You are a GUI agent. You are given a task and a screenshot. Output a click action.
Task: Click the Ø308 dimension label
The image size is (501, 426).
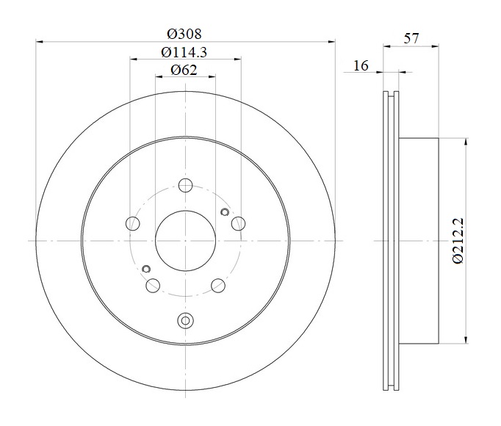coord(184,34)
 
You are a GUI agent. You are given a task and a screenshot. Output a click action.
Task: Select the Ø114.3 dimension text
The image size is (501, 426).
coord(184,52)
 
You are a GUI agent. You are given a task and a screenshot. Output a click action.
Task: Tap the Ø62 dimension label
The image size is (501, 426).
coord(184,70)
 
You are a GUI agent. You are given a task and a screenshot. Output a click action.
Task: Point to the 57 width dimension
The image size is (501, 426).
coord(411,38)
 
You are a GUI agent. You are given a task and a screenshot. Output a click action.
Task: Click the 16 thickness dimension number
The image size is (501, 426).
coord(361,65)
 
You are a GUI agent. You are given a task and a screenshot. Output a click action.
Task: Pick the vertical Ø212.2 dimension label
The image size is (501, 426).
coord(458,241)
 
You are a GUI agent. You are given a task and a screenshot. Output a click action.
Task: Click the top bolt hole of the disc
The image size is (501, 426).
coord(185,185)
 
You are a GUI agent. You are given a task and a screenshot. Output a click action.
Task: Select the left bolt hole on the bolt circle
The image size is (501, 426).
coord(133,223)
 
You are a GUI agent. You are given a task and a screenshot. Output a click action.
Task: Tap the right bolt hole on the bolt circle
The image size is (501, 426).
coord(238,223)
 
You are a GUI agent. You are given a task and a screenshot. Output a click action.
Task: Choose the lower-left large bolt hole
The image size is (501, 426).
coord(153,286)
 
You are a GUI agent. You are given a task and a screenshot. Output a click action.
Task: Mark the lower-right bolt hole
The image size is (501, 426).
coord(218,286)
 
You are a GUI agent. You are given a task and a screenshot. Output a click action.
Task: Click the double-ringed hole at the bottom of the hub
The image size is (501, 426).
coord(185,320)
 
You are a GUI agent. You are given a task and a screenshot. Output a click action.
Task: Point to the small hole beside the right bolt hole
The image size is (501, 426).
coord(225,212)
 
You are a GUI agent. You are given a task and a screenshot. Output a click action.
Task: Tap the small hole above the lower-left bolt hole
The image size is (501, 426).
coord(146,269)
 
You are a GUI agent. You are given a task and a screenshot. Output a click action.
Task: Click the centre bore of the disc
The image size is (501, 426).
coord(185,241)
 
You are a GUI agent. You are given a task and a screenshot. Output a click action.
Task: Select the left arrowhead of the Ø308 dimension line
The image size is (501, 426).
coord(39,42)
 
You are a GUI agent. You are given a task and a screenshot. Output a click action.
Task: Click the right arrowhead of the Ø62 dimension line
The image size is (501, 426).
coord(212,76)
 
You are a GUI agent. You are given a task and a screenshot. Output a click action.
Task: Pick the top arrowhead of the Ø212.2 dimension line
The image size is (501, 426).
coord(466,142)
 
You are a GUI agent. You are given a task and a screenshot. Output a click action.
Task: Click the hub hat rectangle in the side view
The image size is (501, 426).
coord(419,241)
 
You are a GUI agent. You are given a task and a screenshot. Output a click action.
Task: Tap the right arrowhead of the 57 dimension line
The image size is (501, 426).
coord(435,47)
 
